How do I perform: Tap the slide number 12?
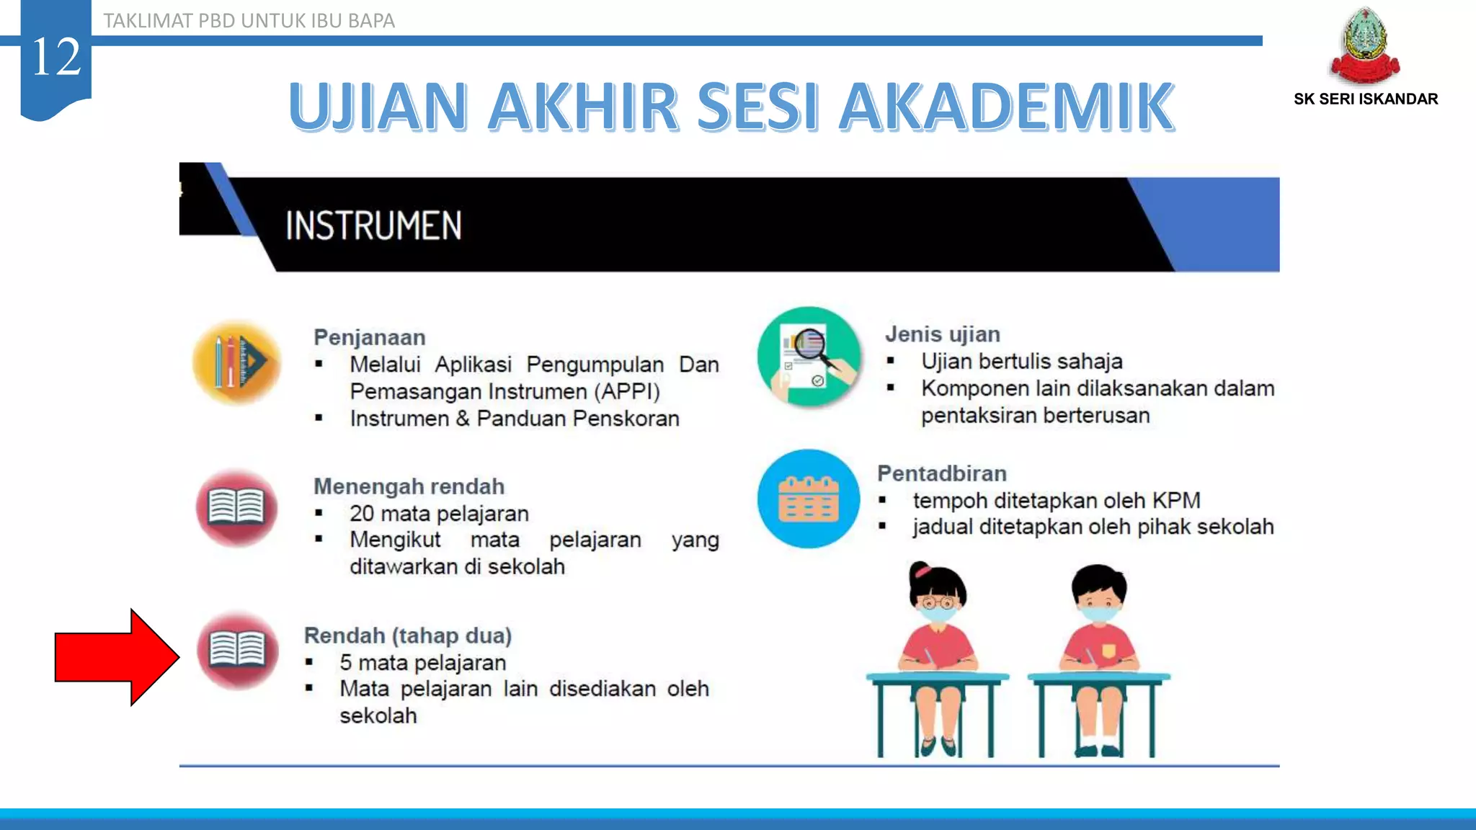[55, 58]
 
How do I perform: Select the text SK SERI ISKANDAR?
[1365, 99]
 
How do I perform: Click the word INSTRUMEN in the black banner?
[373, 226]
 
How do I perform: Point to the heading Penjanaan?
[369, 337]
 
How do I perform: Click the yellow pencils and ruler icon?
[237, 361]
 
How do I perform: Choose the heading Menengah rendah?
[409, 486]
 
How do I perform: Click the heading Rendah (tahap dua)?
[407, 635]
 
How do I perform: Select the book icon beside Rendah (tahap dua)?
[237, 650]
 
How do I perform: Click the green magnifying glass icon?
[809, 357]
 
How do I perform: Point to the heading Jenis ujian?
[942, 334]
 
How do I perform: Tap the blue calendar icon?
[808, 499]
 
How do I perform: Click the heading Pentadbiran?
[941, 473]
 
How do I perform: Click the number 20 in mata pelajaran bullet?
[362, 514]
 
